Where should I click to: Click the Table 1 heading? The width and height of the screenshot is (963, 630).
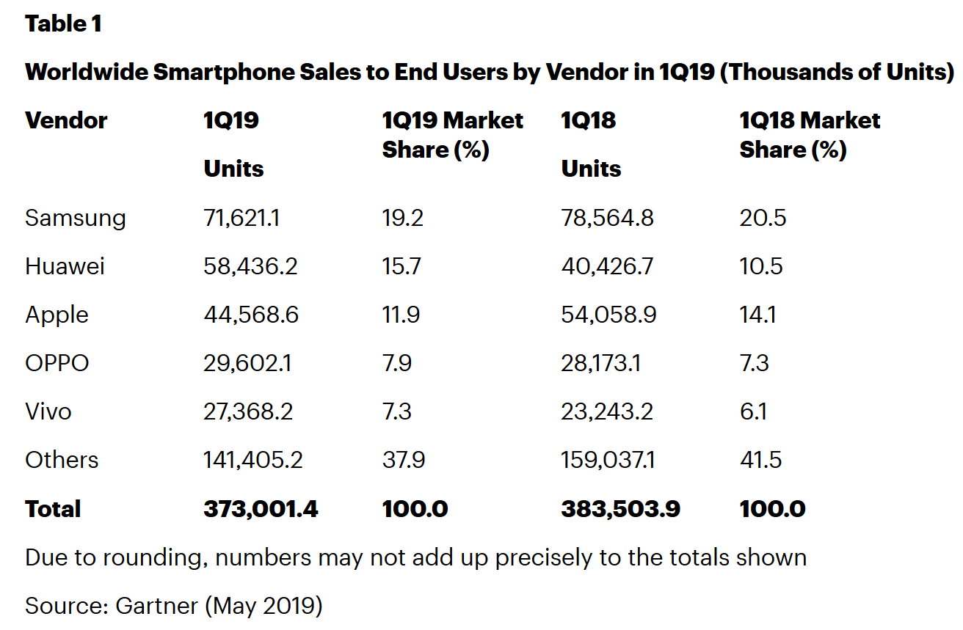[63, 24]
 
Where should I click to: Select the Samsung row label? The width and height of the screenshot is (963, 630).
[76, 218]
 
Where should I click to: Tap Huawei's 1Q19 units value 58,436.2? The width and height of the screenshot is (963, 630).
[250, 266]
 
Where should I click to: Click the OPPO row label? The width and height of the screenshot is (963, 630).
[57, 363]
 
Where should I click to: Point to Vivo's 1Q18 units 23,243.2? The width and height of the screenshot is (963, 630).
[607, 411]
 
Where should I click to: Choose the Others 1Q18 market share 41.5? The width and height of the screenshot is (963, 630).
[760, 460]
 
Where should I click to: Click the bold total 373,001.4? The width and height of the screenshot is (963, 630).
[261, 509]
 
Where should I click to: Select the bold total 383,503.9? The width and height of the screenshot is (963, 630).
[620, 509]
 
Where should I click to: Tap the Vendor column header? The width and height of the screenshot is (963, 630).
[66, 120]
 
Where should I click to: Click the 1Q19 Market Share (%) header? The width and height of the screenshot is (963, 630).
[452, 135]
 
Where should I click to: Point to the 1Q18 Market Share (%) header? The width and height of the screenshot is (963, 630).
[810, 135]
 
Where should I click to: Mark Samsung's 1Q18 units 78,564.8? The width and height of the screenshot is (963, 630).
[607, 218]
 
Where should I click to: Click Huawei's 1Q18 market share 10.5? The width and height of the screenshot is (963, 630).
[761, 266]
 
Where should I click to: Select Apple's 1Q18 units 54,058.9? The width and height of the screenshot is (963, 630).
[608, 315]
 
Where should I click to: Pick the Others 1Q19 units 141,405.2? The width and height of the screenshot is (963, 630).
[252, 460]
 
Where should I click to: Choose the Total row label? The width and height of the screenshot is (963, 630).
[53, 509]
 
